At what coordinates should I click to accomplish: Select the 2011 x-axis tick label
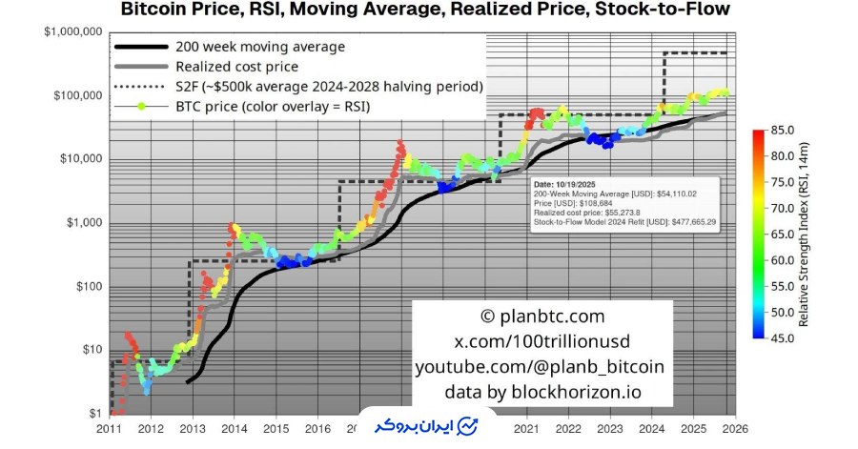110,430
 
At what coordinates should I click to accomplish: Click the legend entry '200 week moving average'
259,46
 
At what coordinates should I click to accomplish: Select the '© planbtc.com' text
541,316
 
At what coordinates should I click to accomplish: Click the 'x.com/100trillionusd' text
541,341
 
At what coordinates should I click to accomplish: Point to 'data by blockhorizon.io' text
541,392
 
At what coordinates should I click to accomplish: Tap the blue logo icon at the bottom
468,425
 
